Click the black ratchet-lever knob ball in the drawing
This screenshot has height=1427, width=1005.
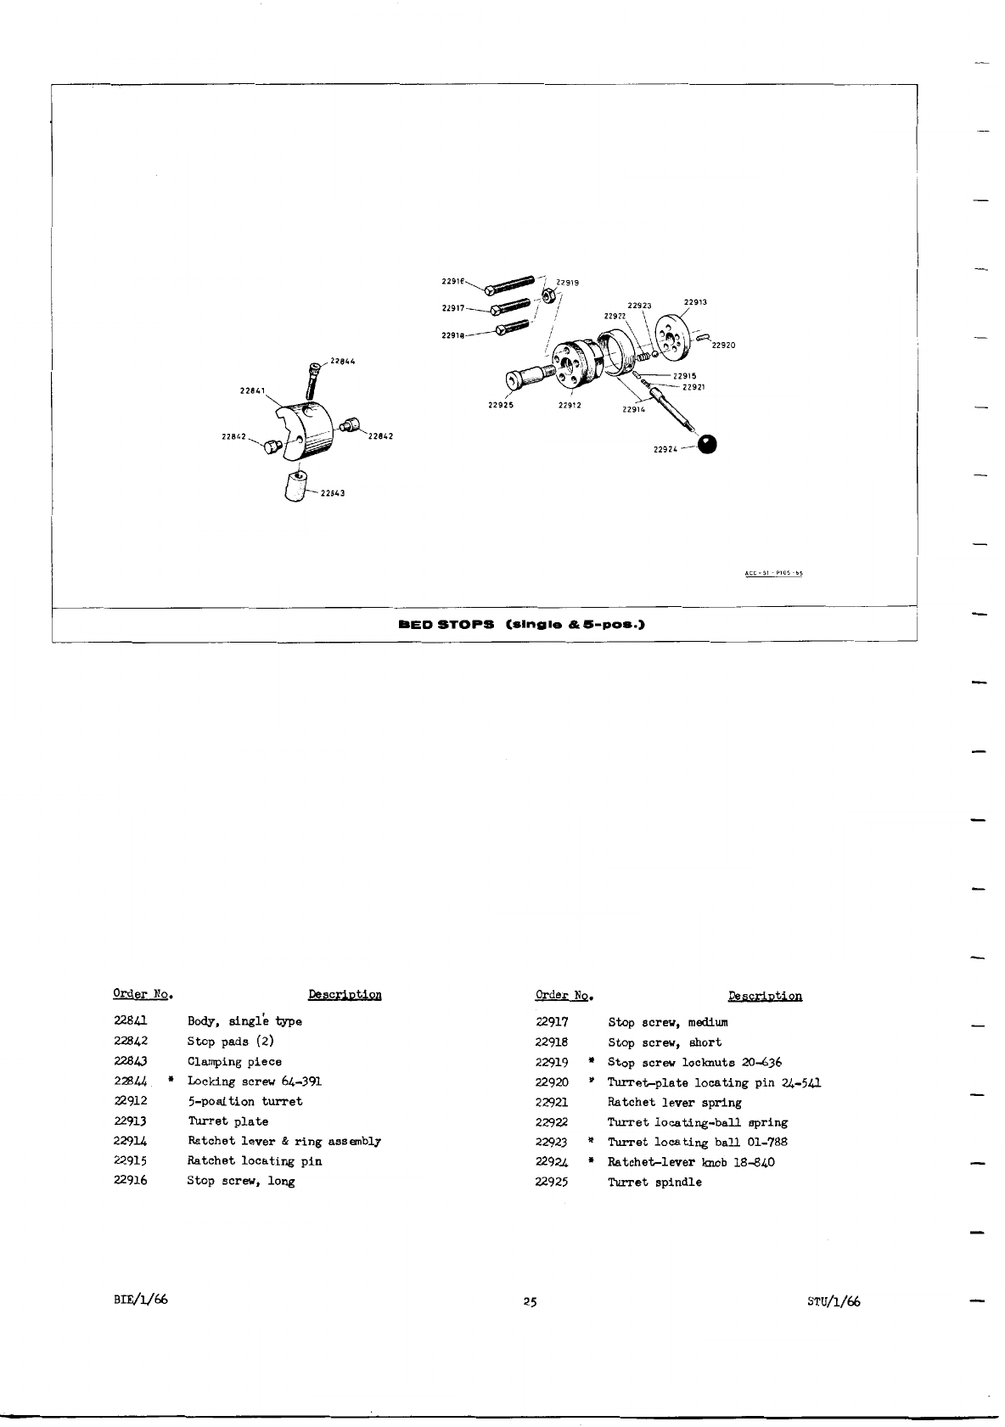pos(707,444)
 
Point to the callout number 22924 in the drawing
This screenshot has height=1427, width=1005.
pos(665,450)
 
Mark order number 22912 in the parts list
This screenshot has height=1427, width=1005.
pos(131,1101)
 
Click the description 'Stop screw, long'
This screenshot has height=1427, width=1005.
pos(241,1181)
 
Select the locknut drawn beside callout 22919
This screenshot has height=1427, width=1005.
pos(548,296)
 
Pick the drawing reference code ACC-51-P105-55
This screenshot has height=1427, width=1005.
pos(773,573)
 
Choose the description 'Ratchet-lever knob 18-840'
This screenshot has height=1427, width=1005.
pos(691,1162)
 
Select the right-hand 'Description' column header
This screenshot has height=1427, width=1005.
pos(765,996)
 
